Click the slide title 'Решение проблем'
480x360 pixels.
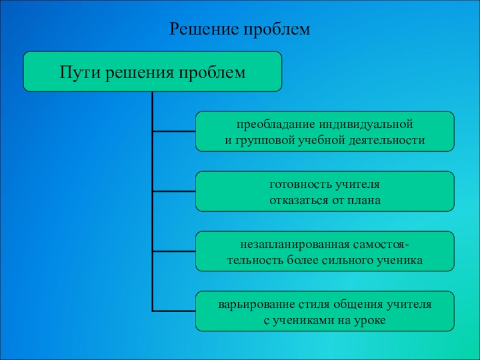click(x=240, y=29)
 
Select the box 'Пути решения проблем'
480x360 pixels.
click(x=152, y=71)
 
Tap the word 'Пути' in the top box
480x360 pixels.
click(x=82, y=73)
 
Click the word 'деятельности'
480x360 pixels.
click(x=387, y=140)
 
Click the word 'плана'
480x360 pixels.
click(x=364, y=200)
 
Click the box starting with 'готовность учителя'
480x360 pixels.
click(x=325, y=192)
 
